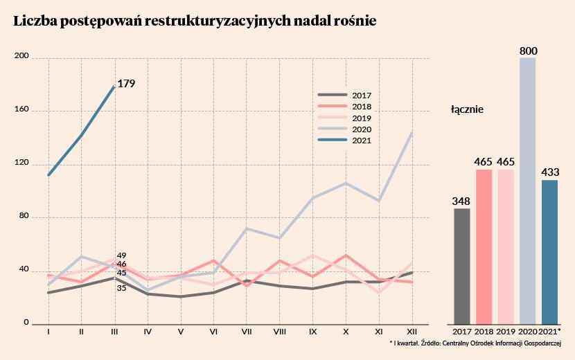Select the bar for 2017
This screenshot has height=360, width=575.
pyautogui.click(x=462, y=266)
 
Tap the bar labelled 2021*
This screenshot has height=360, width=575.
pyautogui.click(x=549, y=252)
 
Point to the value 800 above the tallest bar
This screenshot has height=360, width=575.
pyautogui.click(x=528, y=51)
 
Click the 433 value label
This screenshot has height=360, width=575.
pyautogui.click(x=550, y=172)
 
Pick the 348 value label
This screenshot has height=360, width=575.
pyautogui.click(x=461, y=201)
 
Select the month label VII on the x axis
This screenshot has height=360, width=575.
pyautogui.click(x=247, y=332)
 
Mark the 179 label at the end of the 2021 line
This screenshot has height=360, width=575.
pyautogui.click(x=126, y=84)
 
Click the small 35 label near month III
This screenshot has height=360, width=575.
pyautogui.click(x=121, y=287)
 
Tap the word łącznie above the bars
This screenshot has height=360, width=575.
pyautogui.click(x=467, y=109)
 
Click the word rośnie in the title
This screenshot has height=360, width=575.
pyautogui.click(x=353, y=21)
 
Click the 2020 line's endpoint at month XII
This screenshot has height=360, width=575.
pyautogui.click(x=413, y=132)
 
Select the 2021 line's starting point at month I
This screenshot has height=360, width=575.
pyautogui.click(x=48, y=175)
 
